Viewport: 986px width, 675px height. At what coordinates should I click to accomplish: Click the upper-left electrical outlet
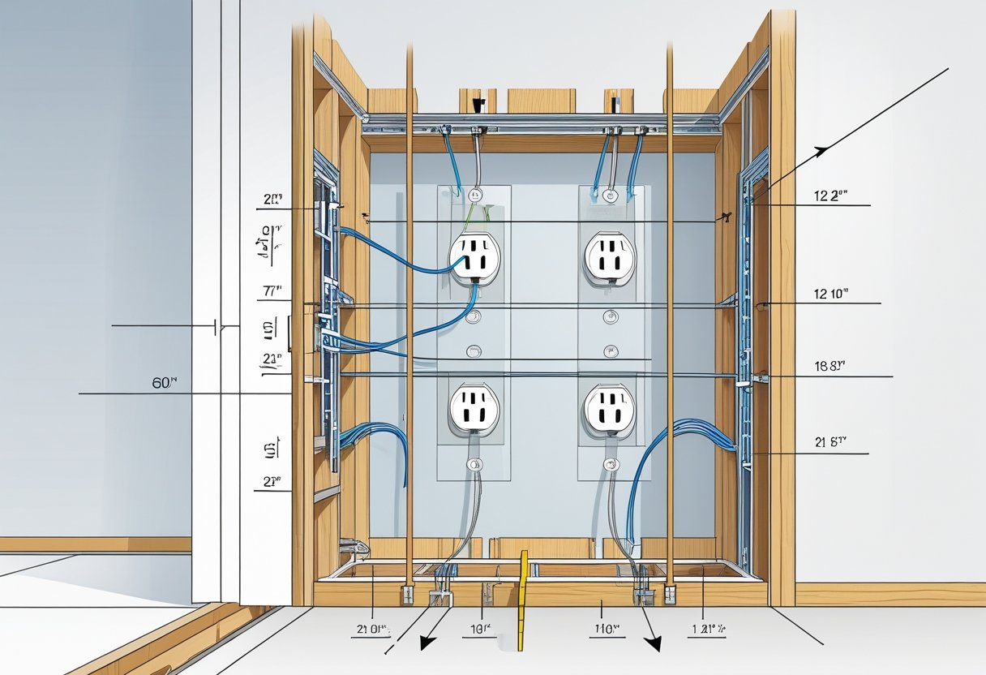click(x=475, y=258)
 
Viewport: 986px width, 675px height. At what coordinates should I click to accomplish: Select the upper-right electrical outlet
click(x=609, y=258)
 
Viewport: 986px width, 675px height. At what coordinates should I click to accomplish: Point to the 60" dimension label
click(x=164, y=383)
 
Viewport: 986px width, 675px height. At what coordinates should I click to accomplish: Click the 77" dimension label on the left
click(x=272, y=289)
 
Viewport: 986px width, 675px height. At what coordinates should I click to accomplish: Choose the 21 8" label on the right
click(x=830, y=442)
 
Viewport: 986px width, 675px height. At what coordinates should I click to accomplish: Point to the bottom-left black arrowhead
click(x=423, y=643)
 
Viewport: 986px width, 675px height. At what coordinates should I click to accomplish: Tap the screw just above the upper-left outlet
click(x=476, y=195)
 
